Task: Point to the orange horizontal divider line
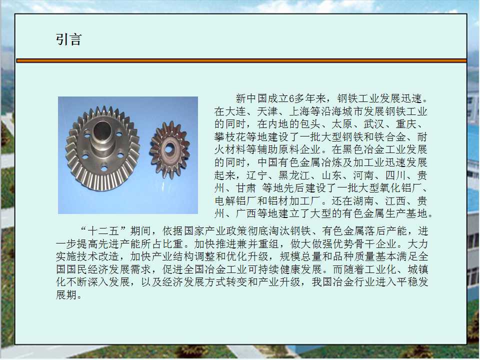point(241,60)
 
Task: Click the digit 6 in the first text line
point(291,98)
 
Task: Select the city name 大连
point(235,111)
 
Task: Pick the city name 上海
point(299,111)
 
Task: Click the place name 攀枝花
point(230,137)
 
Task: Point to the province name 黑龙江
point(294,175)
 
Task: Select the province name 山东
point(332,175)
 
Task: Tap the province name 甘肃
point(246,188)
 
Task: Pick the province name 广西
point(246,213)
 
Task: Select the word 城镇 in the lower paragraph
point(417,269)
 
